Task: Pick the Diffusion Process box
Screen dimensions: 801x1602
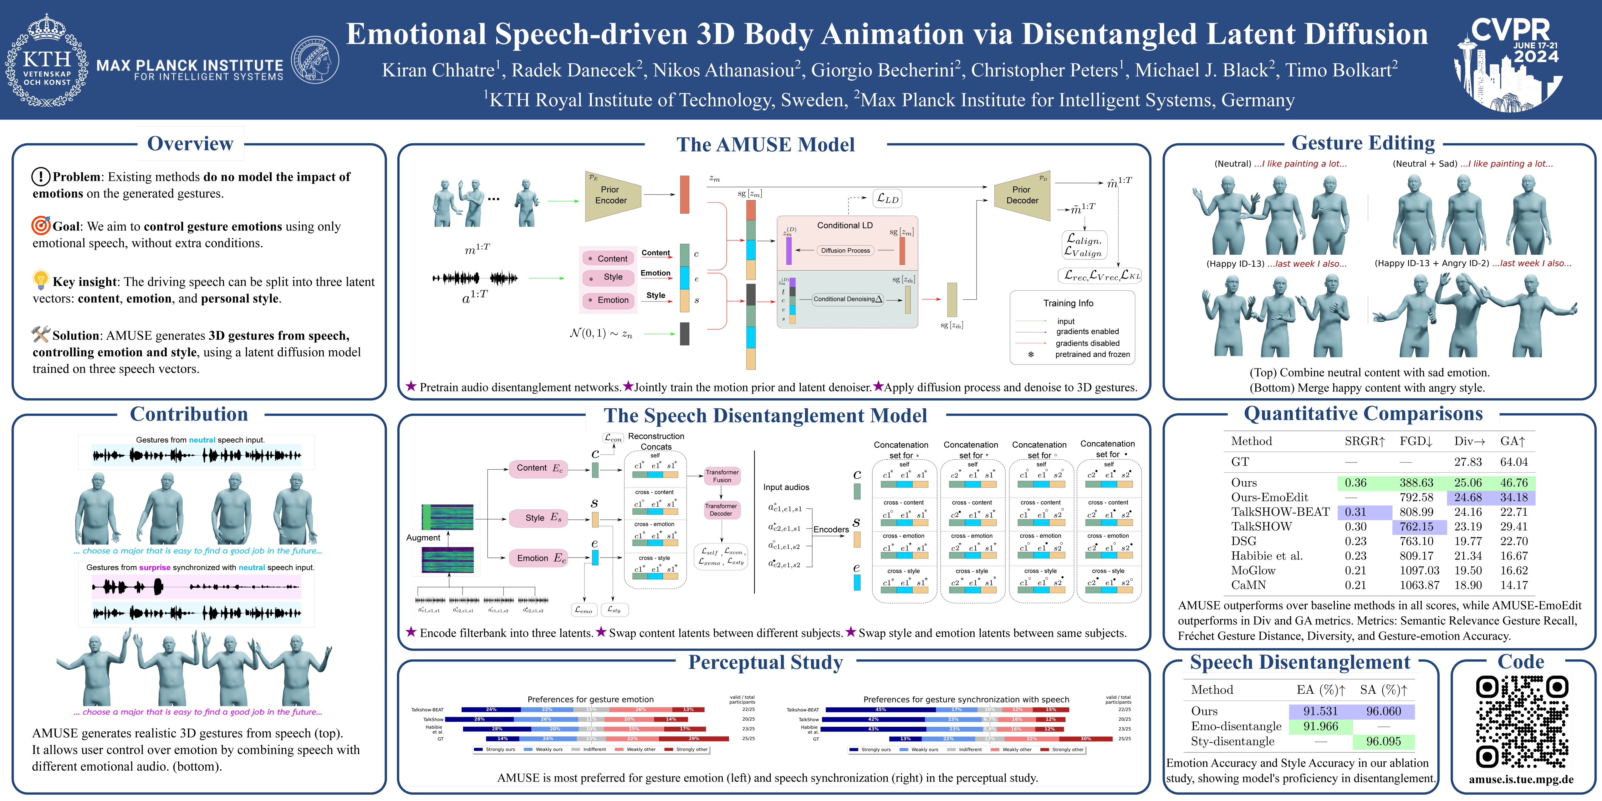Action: (x=845, y=251)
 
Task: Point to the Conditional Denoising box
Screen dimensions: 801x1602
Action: (x=848, y=299)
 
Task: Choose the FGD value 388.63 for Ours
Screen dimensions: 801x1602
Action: (x=1416, y=482)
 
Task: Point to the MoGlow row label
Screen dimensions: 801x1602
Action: (x=1253, y=570)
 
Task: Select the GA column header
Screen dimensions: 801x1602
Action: (x=1513, y=441)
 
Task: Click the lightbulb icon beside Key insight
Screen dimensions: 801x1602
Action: (x=40, y=280)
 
